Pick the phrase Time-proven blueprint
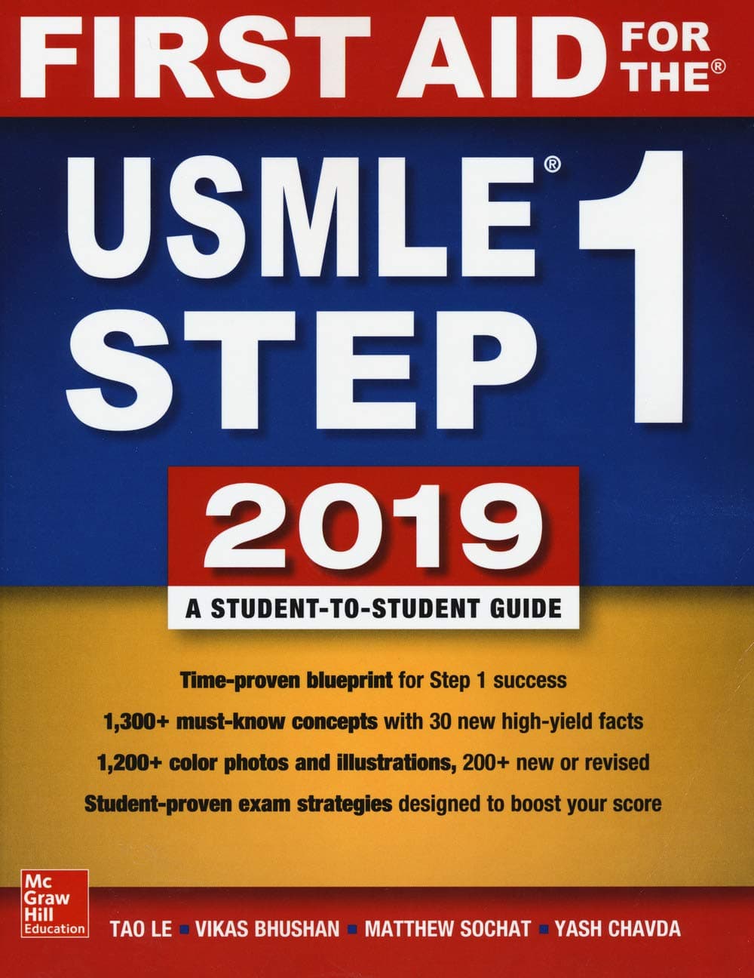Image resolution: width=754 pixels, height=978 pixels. click(286, 680)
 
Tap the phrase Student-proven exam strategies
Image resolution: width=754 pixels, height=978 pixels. click(238, 803)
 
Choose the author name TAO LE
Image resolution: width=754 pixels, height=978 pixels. click(141, 928)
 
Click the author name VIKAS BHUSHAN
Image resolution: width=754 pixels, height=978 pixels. click(268, 928)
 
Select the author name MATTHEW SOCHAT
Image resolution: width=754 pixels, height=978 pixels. click(447, 928)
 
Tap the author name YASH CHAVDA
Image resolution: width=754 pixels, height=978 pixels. click(618, 928)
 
